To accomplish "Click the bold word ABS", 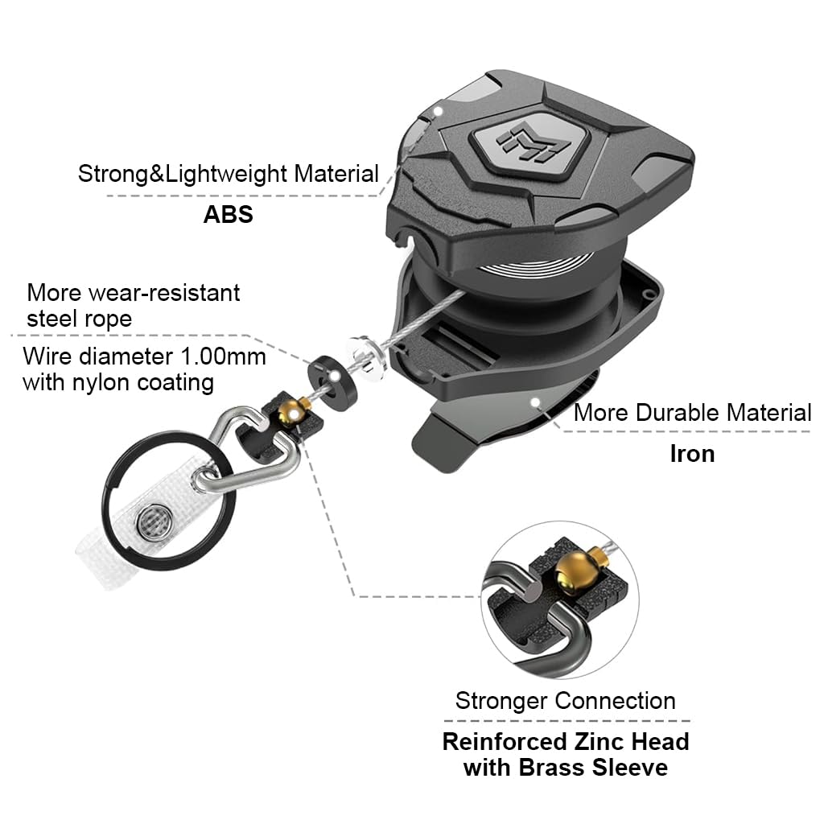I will coord(228,215).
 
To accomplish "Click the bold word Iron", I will coord(692,453).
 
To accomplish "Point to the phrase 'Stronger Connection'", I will coord(565,700).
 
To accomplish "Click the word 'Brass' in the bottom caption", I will coord(554,767).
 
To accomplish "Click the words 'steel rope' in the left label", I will coord(80,318).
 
